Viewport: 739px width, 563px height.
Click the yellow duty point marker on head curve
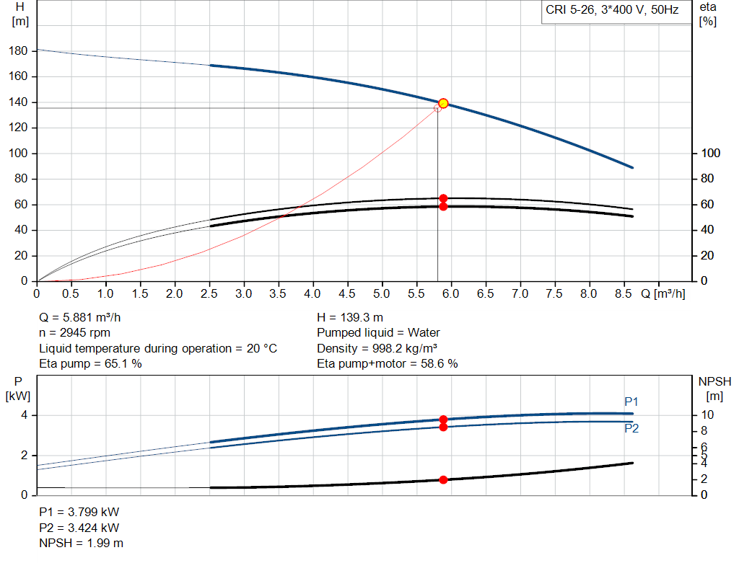coord(443,103)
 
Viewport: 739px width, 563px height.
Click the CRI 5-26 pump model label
coord(612,11)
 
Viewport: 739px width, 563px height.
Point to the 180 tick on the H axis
coord(20,51)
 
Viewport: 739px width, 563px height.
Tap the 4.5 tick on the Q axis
coord(348,294)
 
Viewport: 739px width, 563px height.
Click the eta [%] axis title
coord(707,14)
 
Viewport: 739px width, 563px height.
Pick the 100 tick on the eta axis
coord(711,154)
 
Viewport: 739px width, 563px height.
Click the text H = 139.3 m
coord(350,317)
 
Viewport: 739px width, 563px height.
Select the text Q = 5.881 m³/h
coord(85,317)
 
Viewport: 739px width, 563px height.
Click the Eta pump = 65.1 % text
coord(90,363)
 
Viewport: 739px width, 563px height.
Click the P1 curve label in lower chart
coord(631,402)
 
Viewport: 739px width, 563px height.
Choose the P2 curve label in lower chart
coord(631,428)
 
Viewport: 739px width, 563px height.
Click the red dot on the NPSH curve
coord(443,479)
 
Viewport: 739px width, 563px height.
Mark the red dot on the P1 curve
coord(443,419)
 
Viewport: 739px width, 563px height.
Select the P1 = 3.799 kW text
coord(79,512)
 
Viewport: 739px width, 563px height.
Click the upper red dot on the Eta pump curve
coord(443,198)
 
